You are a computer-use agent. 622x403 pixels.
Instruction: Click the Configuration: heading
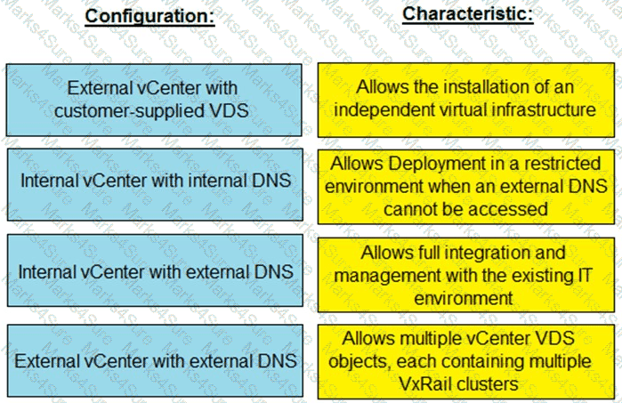click(x=149, y=16)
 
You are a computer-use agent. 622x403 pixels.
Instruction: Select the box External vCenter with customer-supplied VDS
click(x=152, y=100)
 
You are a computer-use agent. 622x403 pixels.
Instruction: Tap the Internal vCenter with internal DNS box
click(x=152, y=180)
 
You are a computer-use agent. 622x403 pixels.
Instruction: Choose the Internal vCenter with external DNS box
click(x=152, y=271)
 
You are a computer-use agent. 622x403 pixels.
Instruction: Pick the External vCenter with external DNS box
click(x=152, y=362)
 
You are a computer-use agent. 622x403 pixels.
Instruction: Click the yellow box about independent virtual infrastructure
click(x=467, y=100)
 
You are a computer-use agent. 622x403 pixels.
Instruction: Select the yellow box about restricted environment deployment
click(x=467, y=186)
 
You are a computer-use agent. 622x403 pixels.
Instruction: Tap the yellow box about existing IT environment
click(x=467, y=273)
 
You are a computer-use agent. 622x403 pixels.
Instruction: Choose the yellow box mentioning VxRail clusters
click(x=467, y=362)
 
